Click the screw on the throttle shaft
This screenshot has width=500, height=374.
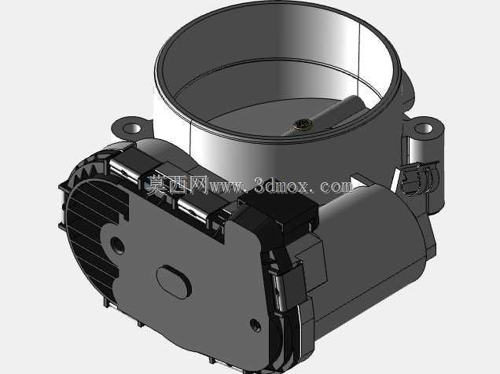click(300, 124)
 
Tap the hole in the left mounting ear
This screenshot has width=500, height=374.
click(132, 128)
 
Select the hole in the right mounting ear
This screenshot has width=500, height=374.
click(424, 129)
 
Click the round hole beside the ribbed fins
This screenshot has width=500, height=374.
click(117, 245)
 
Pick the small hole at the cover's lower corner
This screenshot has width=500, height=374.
click(256, 325)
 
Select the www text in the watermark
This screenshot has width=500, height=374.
click(226, 187)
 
